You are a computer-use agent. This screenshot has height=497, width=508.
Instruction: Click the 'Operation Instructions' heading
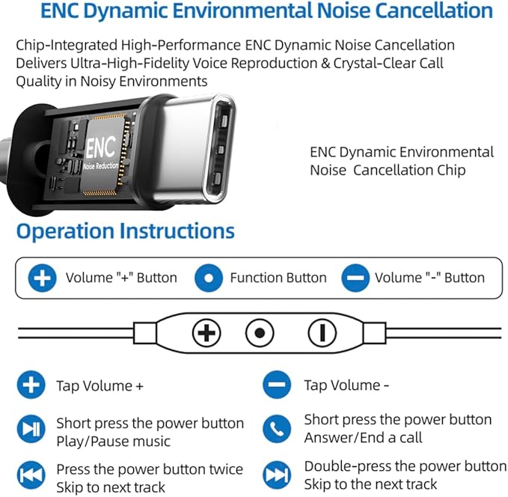click(126, 231)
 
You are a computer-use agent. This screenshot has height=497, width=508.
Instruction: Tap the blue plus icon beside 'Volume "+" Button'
click(42, 278)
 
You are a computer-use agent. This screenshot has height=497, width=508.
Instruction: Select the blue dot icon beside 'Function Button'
click(209, 278)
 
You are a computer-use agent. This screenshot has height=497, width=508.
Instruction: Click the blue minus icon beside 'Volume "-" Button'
click(355, 278)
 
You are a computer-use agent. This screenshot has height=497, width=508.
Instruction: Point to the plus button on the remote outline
click(206, 333)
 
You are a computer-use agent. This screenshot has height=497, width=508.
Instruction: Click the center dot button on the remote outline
click(260, 333)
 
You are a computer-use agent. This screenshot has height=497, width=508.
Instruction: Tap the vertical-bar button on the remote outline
click(322, 333)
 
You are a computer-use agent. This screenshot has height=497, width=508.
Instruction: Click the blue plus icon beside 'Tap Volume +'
click(31, 385)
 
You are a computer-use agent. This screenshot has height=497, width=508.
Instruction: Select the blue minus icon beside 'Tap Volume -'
click(277, 385)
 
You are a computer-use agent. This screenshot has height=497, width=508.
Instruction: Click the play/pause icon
click(31, 429)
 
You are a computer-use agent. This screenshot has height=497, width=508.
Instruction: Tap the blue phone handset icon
click(277, 429)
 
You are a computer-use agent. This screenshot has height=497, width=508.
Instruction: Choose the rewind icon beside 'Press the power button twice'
click(31, 475)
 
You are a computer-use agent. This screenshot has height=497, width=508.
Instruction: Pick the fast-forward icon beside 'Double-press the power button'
click(277, 475)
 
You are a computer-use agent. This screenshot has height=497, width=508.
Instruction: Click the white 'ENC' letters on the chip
click(101, 147)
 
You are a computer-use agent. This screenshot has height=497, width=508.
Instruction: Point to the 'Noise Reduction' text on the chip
click(101, 166)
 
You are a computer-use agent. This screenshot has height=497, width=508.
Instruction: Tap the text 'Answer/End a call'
click(363, 438)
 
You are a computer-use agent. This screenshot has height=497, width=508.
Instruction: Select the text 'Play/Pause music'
click(114, 442)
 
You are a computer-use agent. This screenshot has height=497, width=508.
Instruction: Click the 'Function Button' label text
click(278, 278)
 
